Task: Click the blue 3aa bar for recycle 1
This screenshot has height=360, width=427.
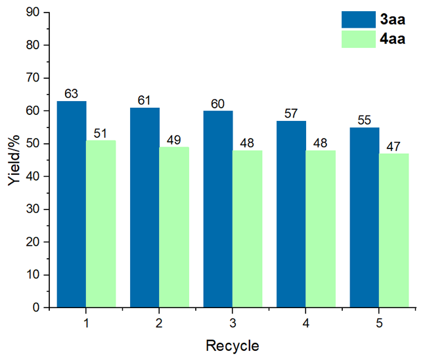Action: [x=72, y=204]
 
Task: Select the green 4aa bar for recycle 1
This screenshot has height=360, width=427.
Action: [x=101, y=223]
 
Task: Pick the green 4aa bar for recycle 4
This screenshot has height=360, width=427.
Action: [x=320, y=229]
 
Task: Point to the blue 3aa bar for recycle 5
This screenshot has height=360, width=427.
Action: [x=364, y=217]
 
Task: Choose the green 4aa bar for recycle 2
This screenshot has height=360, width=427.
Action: [x=174, y=227]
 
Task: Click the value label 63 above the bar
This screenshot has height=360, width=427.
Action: [x=72, y=94]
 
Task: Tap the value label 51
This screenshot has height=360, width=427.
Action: [x=101, y=133]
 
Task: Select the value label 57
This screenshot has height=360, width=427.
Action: [x=291, y=114]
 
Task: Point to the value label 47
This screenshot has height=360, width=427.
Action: [x=393, y=146]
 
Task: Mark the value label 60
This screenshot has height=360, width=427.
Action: [x=218, y=104]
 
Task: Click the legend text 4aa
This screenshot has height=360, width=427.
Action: [x=392, y=39]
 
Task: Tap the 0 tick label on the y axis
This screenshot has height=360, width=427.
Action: [x=36, y=307]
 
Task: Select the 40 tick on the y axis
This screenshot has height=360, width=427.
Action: [x=33, y=176]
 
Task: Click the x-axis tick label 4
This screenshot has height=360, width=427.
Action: [x=305, y=323]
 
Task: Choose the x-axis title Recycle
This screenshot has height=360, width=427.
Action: [x=232, y=346]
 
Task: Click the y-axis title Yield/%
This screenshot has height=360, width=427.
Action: [x=14, y=160]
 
